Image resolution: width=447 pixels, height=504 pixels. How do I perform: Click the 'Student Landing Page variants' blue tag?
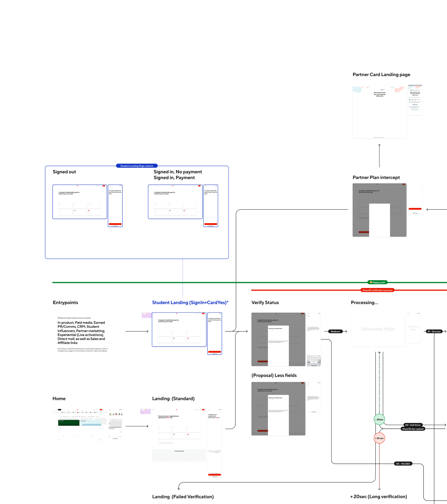[137, 166]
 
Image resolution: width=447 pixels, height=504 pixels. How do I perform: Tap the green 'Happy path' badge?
[377, 282]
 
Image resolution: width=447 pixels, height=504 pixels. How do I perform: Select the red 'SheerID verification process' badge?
[377, 290]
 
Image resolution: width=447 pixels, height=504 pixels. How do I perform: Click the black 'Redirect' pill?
[335, 332]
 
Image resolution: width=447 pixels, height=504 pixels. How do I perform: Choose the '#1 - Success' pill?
[434, 332]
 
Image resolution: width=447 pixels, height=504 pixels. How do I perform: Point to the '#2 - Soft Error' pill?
[413, 425]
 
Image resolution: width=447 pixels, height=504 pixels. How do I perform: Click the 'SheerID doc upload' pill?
[413, 429]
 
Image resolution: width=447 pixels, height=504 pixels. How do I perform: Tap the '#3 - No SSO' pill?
[403, 464]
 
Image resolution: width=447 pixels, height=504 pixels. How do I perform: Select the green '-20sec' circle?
[379, 420]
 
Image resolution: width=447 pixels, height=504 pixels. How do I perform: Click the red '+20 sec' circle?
[379, 438]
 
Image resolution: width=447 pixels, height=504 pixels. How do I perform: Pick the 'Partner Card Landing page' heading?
[381, 75]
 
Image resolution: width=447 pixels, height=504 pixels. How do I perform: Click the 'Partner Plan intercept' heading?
[376, 178]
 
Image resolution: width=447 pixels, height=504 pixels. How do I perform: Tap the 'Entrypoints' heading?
[65, 303]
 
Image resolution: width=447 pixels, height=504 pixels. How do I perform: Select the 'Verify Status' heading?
[265, 303]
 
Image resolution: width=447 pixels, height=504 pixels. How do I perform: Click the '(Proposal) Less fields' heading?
[274, 376]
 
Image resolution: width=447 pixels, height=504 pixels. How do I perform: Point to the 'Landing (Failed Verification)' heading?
[183, 497]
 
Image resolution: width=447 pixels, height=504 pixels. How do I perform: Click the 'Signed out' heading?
[64, 172]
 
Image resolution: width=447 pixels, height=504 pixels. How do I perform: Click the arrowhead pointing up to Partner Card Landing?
[379, 145]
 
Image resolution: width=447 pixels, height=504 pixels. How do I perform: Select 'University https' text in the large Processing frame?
[378, 329]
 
